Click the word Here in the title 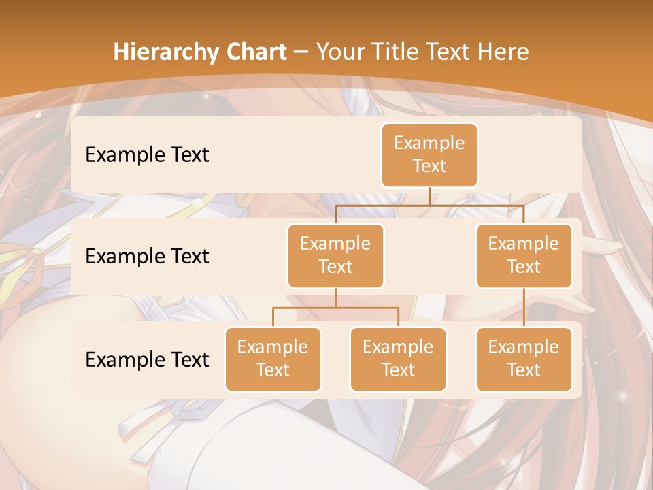(x=504, y=52)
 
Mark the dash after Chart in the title (x=301, y=52)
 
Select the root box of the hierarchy (x=429, y=154)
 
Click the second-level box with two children (x=335, y=255)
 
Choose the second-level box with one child (x=524, y=255)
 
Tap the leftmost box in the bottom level (x=273, y=359)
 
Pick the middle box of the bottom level (x=398, y=359)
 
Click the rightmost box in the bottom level (x=524, y=359)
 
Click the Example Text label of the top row (x=147, y=154)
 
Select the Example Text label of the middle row (x=147, y=256)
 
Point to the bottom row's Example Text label (x=147, y=359)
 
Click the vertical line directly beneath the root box (x=429, y=196)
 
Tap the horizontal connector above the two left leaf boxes (x=335, y=308)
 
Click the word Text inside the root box (x=429, y=166)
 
